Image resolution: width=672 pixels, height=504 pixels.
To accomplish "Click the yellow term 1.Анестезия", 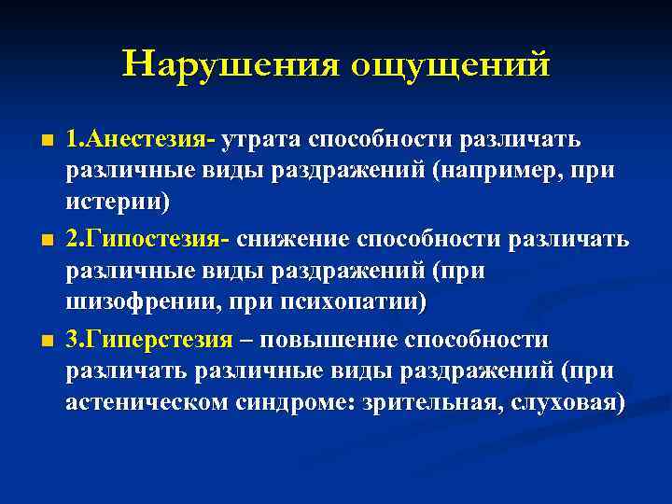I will [140, 140].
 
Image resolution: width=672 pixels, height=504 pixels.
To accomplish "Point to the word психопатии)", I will [358, 302].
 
